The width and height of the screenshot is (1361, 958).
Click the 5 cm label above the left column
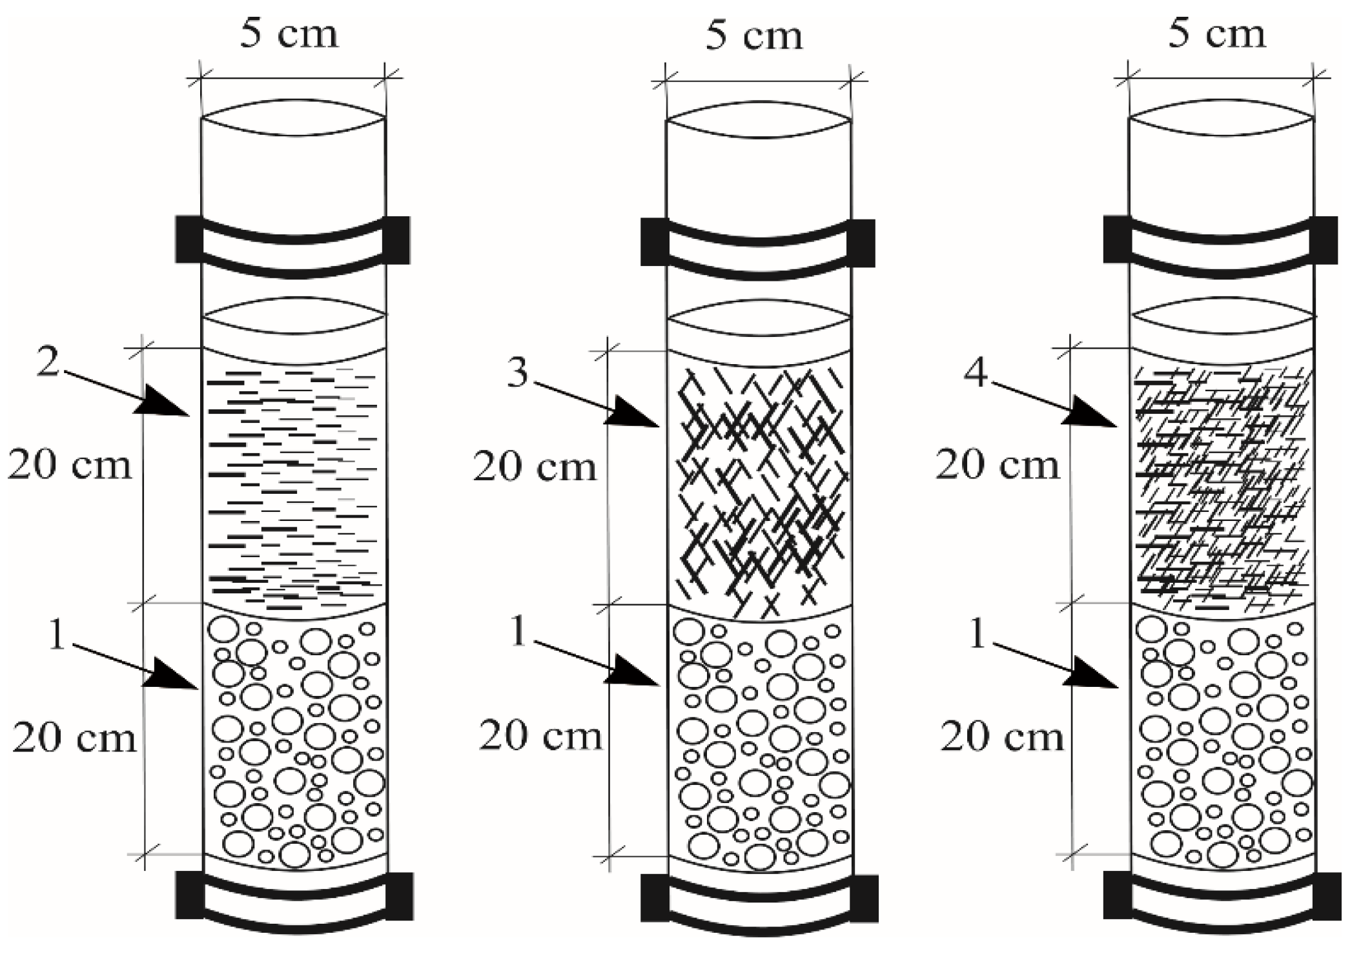coord(289,34)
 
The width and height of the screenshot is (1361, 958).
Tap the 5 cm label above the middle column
coord(753,35)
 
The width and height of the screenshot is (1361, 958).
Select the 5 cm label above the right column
coord(1216,34)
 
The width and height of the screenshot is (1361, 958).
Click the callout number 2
coord(49,363)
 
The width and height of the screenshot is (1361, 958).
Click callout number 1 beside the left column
coord(57,635)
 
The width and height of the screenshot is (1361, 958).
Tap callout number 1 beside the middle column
coord(520,632)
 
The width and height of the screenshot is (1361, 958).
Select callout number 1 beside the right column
coord(979,634)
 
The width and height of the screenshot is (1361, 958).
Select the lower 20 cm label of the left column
coord(74,738)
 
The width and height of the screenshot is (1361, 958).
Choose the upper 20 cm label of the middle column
coord(535,467)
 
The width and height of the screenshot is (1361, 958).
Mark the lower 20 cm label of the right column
coord(1001,737)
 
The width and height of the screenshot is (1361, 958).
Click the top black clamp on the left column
coord(292,241)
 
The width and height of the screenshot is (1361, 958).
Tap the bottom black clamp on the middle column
coord(759,899)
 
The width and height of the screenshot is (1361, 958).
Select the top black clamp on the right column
coord(1220,240)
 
